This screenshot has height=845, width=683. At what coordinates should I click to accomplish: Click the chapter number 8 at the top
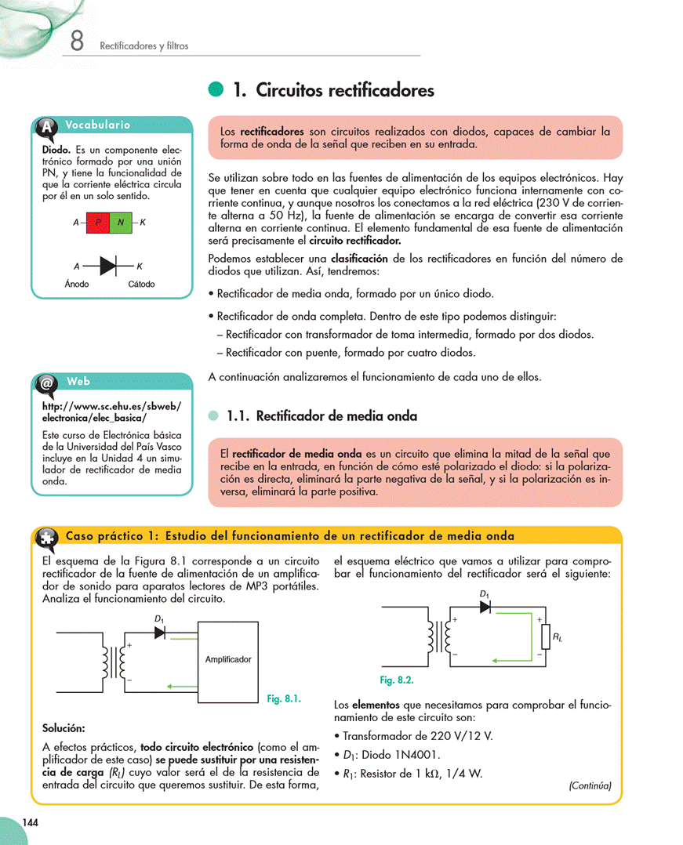pyautogui.click(x=77, y=41)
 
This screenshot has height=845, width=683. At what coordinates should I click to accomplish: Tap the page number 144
pyautogui.click(x=31, y=822)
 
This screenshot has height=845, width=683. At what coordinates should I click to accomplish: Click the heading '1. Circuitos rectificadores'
pyautogui.click(x=333, y=91)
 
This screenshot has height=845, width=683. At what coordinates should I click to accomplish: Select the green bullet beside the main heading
pyautogui.click(x=216, y=91)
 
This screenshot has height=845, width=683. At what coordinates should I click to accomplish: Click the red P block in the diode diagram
pyautogui.click(x=98, y=223)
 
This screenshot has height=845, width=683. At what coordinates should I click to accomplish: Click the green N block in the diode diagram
pyautogui.click(x=121, y=223)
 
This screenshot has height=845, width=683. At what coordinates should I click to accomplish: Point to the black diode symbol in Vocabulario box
pyautogui.click(x=107, y=266)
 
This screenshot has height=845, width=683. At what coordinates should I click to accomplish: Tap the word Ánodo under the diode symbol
pyautogui.click(x=77, y=284)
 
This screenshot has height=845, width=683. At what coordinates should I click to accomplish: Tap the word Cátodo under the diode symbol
pyautogui.click(x=141, y=284)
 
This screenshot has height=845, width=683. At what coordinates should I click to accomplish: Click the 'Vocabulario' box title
pyautogui.click(x=98, y=125)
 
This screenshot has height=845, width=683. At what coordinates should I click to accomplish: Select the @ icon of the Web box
pyautogui.click(x=46, y=383)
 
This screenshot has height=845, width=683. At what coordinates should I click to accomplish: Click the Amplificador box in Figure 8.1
pyautogui.click(x=228, y=660)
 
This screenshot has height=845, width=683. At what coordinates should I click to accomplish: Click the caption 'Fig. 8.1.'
pyautogui.click(x=284, y=698)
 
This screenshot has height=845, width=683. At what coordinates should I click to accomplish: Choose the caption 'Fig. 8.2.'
pyautogui.click(x=397, y=680)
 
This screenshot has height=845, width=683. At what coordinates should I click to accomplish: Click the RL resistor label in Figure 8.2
pyautogui.click(x=557, y=639)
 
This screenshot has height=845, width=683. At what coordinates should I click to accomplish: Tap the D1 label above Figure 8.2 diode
pyautogui.click(x=485, y=594)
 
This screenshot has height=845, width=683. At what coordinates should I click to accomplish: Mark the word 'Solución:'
pyautogui.click(x=64, y=728)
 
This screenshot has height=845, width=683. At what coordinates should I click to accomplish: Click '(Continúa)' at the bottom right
pyautogui.click(x=590, y=785)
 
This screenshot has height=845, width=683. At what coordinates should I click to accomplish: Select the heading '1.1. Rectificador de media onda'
pyautogui.click(x=322, y=416)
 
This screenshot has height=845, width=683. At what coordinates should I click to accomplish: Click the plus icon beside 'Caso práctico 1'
pyautogui.click(x=46, y=537)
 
